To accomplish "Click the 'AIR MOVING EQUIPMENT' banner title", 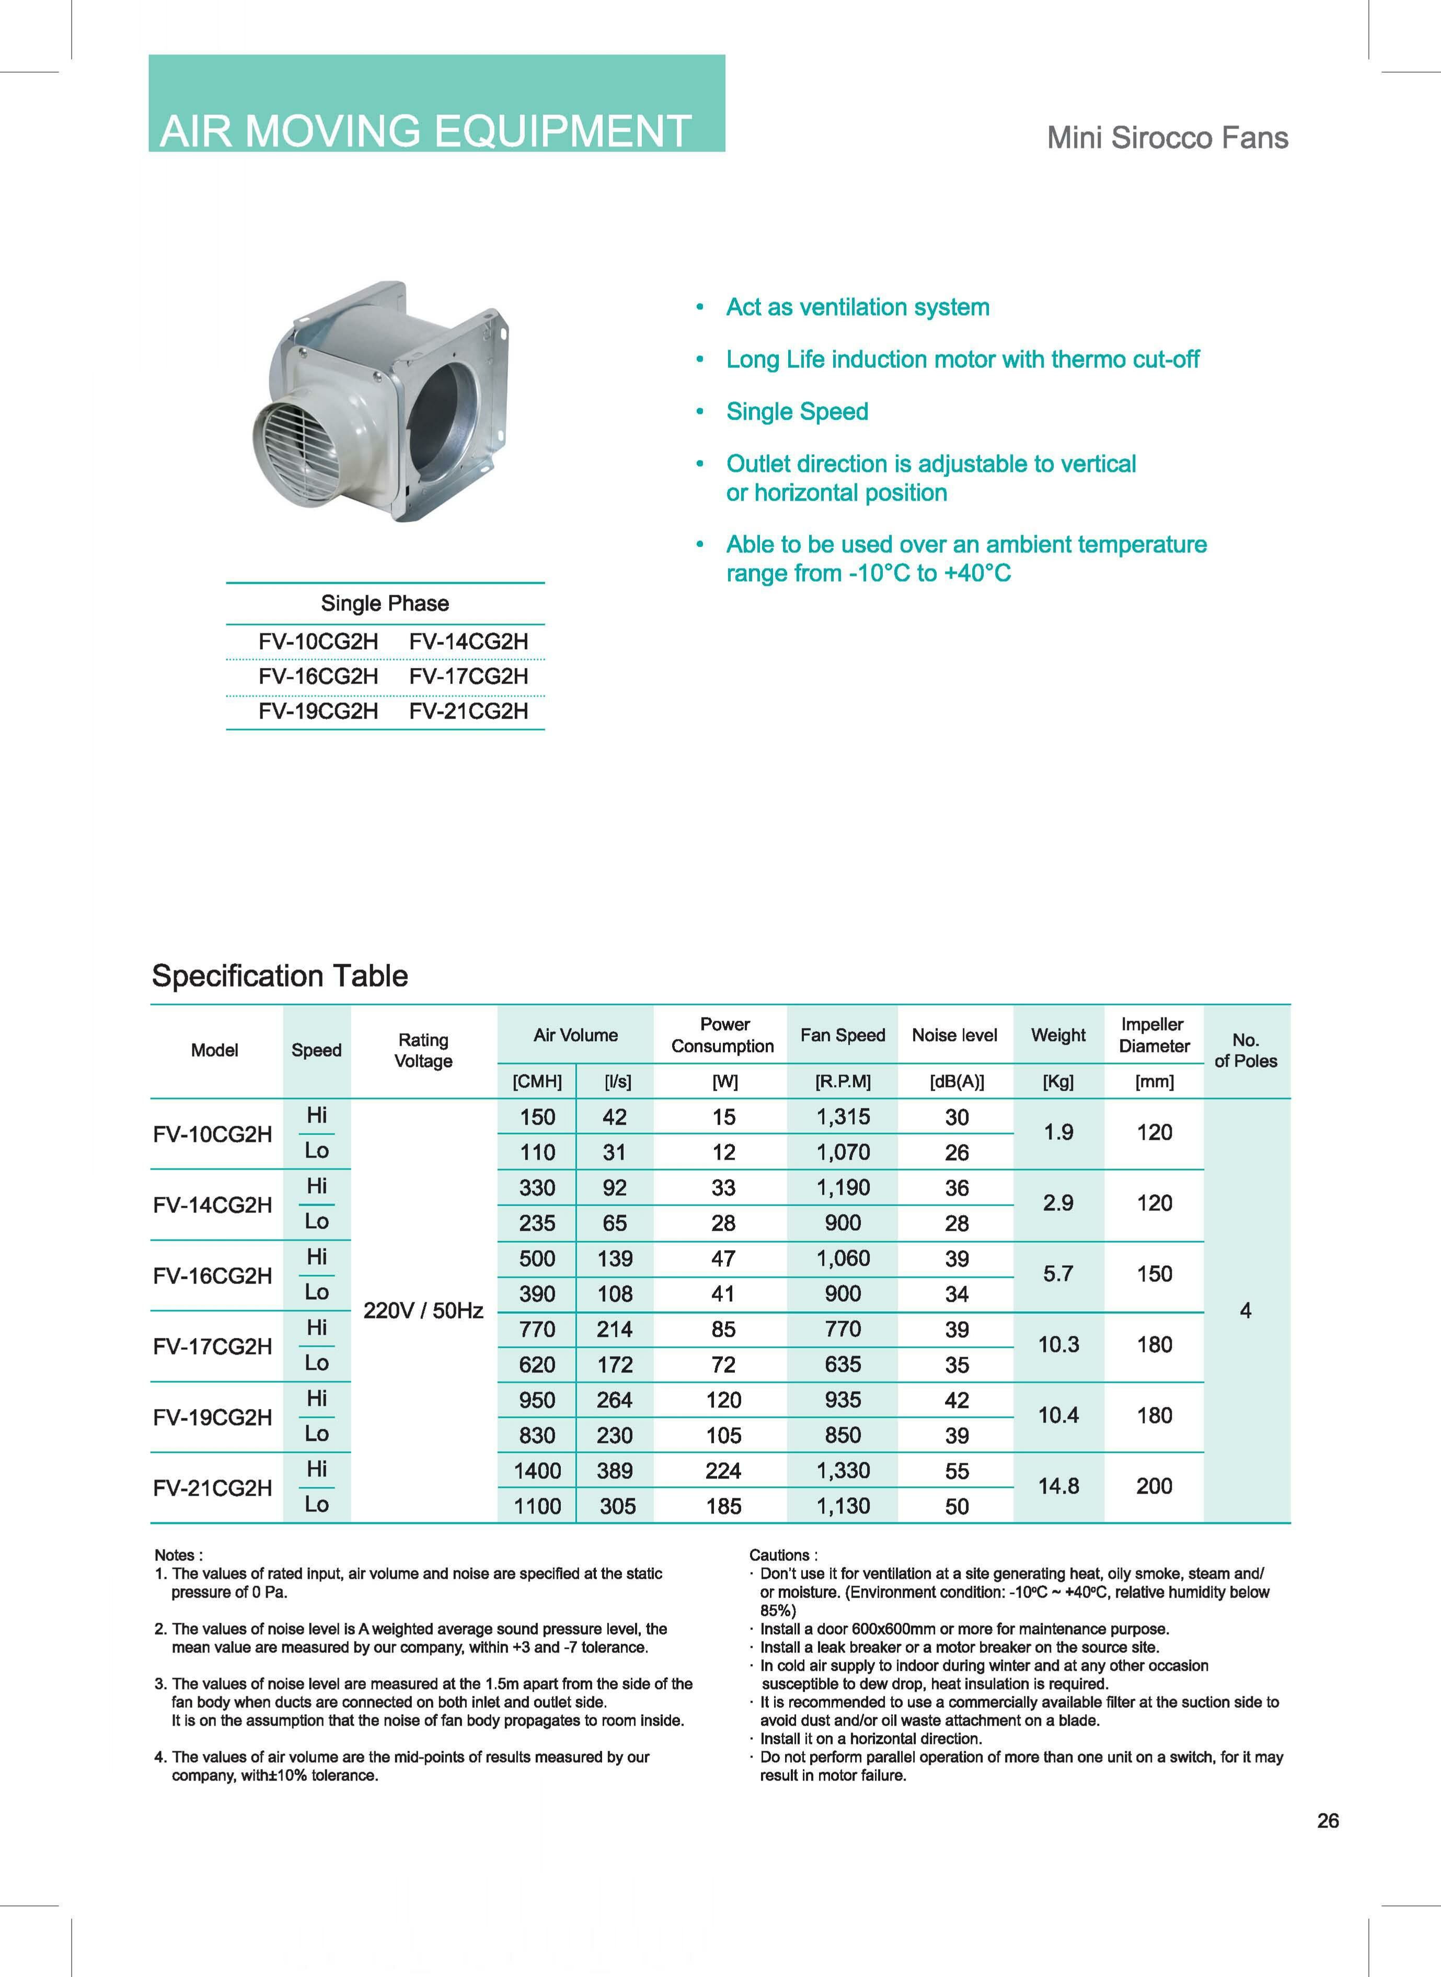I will (425, 131).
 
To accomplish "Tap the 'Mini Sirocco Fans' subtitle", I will (1167, 138).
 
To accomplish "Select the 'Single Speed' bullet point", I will (797, 412).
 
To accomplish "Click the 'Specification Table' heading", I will (280, 975).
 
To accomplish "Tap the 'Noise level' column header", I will (954, 1035).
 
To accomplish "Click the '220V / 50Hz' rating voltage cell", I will (423, 1311).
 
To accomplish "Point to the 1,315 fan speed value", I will (843, 1117).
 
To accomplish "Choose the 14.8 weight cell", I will (1058, 1486).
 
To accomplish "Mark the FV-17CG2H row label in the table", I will (213, 1347).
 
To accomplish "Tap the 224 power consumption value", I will (723, 1471).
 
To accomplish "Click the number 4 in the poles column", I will (1245, 1311).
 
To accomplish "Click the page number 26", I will (1328, 1821).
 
